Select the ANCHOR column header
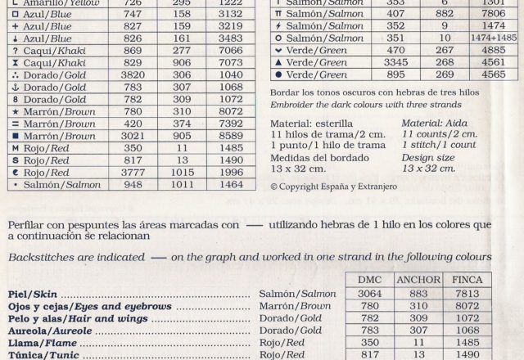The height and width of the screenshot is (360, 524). coord(418,279)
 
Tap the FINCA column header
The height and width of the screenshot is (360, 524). coord(468,279)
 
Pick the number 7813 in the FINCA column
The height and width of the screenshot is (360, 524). coord(468,293)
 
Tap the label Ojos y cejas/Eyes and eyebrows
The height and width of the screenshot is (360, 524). coord(90,305)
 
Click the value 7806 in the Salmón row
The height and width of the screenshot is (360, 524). coord(493,13)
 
